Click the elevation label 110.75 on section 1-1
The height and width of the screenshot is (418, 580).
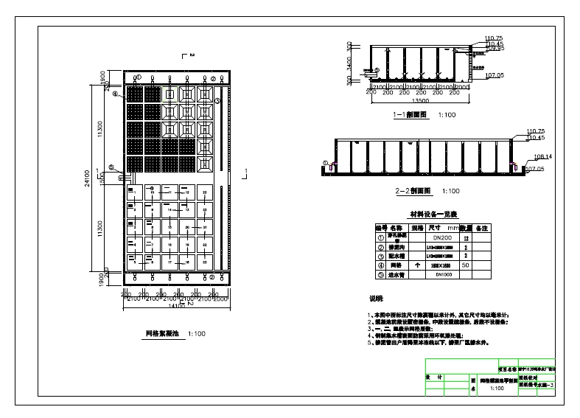click(494, 38)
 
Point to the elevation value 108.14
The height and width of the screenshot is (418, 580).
click(533, 157)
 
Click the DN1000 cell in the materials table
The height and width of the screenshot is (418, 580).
click(444, 274)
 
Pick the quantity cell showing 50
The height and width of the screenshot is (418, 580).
click(466, 263)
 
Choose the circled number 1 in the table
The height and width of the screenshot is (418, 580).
click(381, 239)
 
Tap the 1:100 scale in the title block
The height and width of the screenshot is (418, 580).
click(497, 389)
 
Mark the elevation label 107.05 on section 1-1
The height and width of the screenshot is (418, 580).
click(495, 74)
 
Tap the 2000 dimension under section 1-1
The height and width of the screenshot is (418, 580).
click(463, 88)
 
